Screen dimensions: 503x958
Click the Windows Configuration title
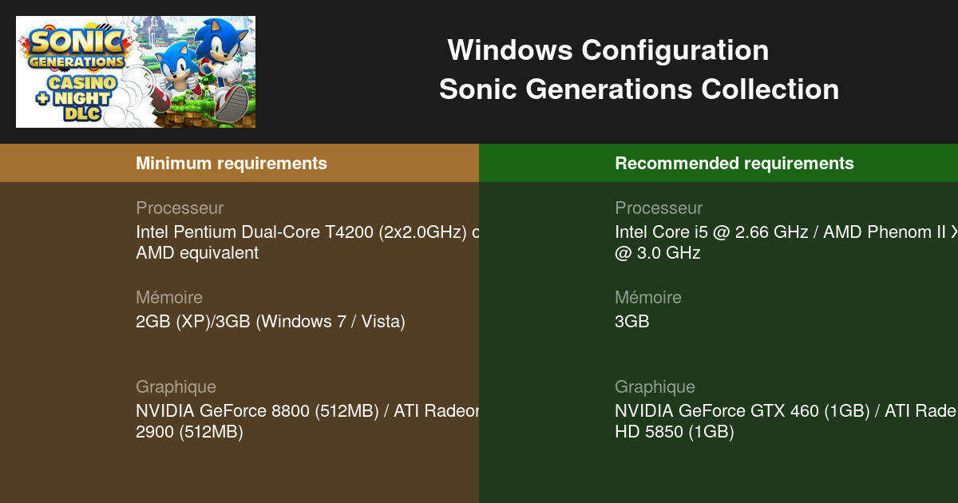point(608,51)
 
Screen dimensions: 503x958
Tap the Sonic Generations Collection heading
point(639,89)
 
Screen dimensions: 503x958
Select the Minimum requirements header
point(232,164)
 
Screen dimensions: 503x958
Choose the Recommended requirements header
point(734,164)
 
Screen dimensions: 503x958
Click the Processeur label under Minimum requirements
point(180,208)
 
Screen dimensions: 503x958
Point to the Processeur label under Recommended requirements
point(659,208)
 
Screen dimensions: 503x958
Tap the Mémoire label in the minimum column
point(169,298)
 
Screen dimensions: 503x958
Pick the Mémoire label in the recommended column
point(648,298)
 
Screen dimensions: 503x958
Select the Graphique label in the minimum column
point(176,387)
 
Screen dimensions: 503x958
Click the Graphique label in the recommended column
point(655,387)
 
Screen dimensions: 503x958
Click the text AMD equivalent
point(197,253)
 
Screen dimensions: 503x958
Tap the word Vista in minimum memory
point(381,322)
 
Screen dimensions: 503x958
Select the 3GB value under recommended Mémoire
point(632,322)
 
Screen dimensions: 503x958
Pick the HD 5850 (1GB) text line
point(675,432)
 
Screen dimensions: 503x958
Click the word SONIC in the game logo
point(76,42)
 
